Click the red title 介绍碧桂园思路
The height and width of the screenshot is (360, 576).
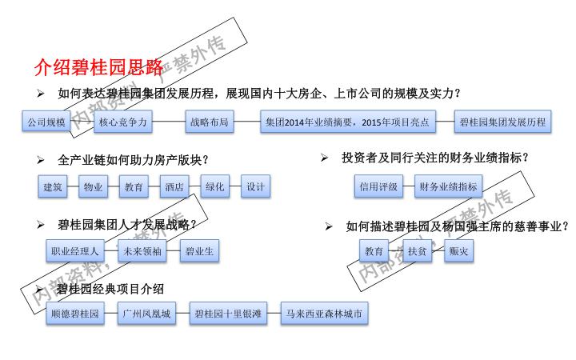(x=98, y=66)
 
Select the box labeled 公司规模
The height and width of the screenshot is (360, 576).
(x=45, y=122)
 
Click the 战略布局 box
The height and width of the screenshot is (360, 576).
(x=209, y=122)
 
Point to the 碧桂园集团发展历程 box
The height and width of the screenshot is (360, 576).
(x=503, y=122)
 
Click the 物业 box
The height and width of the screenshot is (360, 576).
(x=94, y=187)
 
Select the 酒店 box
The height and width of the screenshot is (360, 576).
(x=174, y=187)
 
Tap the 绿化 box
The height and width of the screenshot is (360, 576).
(x=214, y=187)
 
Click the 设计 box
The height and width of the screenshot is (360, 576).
(x=255, y=187)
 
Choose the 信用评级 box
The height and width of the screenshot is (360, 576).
(x=378, y=187)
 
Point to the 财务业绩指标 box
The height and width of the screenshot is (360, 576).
(x=449, y=187)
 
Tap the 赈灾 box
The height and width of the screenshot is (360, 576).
(x=460, y=251)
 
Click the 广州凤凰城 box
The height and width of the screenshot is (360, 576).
(x=146, y=314)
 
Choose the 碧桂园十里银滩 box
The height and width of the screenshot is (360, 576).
(x=228, y=314)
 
